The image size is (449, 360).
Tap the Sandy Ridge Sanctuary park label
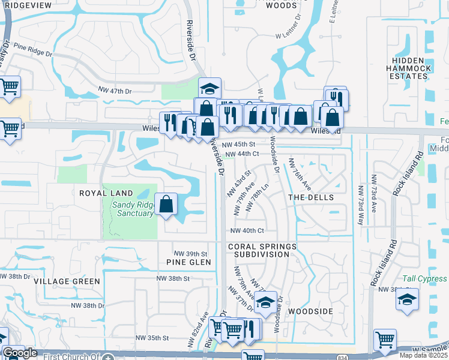point(133,208)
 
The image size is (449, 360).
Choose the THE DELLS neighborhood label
point(310,197)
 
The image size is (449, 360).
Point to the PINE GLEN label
point(189,262)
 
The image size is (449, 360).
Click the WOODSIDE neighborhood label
point(310,312)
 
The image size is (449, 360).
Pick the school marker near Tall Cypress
point(408,300)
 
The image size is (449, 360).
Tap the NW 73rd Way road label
point(361,205)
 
